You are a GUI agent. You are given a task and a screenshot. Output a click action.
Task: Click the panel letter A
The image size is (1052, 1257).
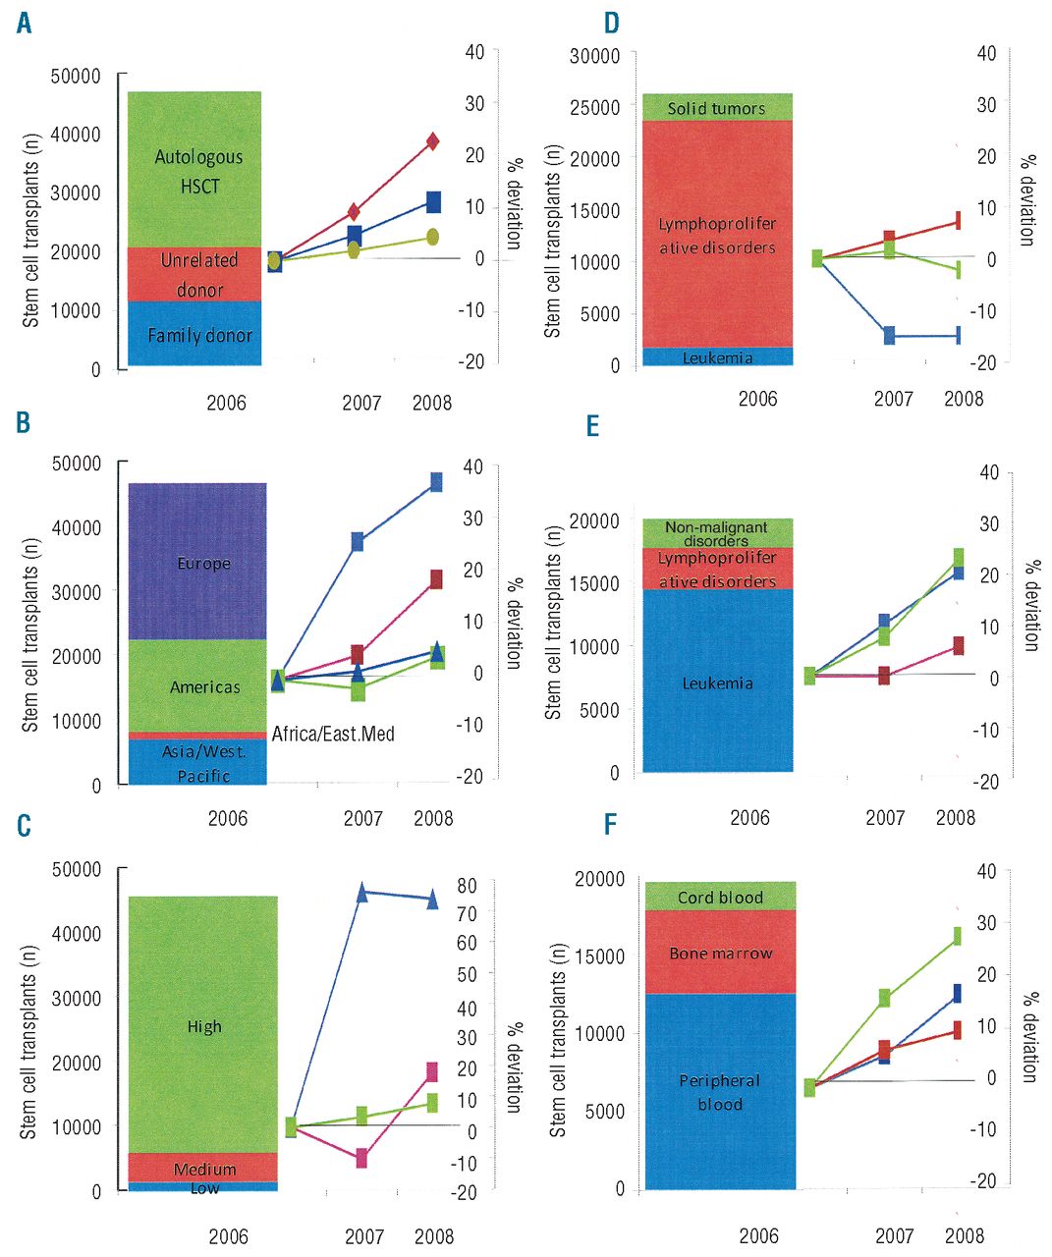tap(24, 22)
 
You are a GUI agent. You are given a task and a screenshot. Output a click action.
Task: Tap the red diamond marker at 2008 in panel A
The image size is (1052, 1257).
tap(432, 142)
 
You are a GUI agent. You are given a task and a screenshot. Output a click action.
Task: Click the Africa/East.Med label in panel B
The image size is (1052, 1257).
tap(333, 734)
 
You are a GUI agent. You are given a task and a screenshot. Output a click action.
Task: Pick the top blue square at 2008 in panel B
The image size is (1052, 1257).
tap(436, 481)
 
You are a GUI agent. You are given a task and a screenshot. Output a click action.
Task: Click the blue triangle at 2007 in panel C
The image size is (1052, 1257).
tap(361, 893)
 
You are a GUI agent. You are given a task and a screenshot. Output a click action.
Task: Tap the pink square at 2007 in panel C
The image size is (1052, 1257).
tap(361, 1158)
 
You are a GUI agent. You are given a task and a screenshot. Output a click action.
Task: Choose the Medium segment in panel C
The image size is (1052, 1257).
tap(203, 1168)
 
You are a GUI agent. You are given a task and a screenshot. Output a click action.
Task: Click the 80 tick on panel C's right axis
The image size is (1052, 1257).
tap(467, 885)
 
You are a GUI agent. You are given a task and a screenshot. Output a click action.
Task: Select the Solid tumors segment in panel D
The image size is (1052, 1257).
tap(716, 107)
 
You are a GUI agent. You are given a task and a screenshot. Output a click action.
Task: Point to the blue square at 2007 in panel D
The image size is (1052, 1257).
tap(889, 336)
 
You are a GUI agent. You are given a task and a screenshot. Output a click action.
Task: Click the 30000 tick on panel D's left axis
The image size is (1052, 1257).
tap(595, 55)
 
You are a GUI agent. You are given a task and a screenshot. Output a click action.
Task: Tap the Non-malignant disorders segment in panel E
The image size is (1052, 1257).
tap(716, 532)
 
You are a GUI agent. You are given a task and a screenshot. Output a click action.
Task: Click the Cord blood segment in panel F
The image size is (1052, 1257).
tap(719, 897)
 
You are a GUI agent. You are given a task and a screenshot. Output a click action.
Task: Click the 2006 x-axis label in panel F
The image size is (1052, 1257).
tap(758, 1235)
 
